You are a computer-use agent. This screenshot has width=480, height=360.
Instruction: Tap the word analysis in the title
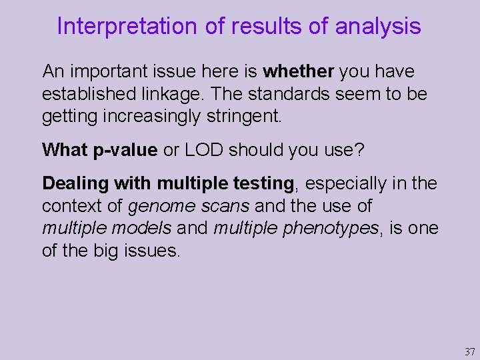(378, 26)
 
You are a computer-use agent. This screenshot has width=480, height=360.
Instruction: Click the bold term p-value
(125, 150)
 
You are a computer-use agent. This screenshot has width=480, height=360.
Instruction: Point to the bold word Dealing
(75, 183)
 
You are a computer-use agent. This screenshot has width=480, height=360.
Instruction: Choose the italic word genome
(159, 207)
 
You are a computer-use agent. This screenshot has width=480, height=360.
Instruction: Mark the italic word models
(143, 229)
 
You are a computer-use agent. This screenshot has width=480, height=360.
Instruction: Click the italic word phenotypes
(329, 229)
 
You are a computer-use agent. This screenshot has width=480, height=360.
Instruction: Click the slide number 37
(469, 351)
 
